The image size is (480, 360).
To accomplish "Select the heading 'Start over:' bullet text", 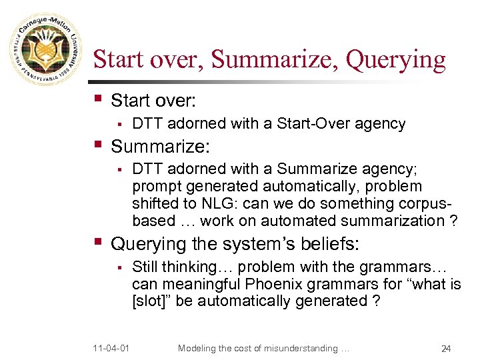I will pos(153,101).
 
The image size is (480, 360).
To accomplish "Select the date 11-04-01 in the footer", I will pos(112,347).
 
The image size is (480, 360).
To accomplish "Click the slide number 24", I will pos(446,348).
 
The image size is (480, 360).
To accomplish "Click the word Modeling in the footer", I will pos(198,347).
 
